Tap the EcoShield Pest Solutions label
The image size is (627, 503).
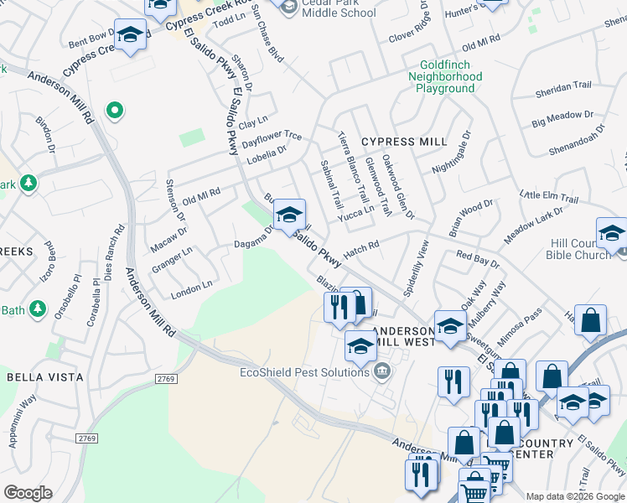pos(306,372)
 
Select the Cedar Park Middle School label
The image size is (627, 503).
pos(328,8)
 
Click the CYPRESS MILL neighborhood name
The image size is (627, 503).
pos(404,142)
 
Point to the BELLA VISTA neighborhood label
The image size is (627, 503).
pos(45,377)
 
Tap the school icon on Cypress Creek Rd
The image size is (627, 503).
pos(129,35)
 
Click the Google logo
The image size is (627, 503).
pos(28,493)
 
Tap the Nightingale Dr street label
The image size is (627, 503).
pos(452,152)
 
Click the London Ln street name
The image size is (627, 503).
pos(191,289)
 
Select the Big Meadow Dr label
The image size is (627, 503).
pos(562,118)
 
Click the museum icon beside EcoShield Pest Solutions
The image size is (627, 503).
pos(383,371)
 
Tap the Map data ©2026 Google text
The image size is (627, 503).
pos(575,496)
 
